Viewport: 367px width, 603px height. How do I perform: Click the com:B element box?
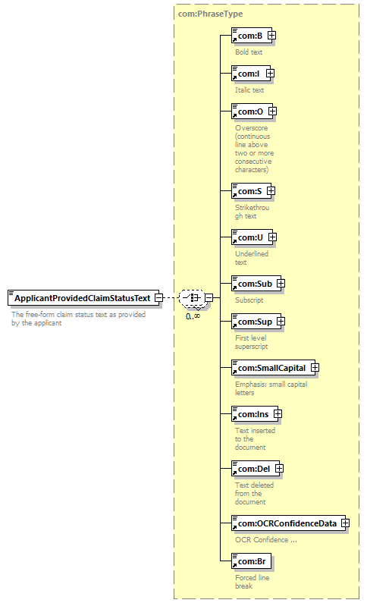pyautogui.click(x=251, y=36)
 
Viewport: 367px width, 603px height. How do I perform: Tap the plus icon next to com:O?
pyautogui.click(x=272, y=111)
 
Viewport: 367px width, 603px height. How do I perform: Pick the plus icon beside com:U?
pyautogui.click(x=272, y=237)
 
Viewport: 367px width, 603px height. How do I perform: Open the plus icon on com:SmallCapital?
pyautogui.click(x=315, y=368)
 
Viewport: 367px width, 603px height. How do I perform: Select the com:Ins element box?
pyautogui.click(x=255, y=414)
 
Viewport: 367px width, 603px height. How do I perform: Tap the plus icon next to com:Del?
pyautogui.click(x=279, y=469)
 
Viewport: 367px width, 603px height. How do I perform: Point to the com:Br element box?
pyautogui.click(x=251, y=561)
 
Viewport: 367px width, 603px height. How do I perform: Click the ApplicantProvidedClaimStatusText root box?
pyautogui.click(x=83, y=298)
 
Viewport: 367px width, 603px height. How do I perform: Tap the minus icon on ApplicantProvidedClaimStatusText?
pyautogui.click(x=158, y=297)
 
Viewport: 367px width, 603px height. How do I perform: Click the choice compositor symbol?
pyautogui.click(x=192, y=297)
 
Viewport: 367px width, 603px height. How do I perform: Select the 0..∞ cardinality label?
pyautogui.click(x=193, y=316)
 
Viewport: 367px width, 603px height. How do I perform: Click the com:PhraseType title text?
pyautogui.click(x=211, y=14)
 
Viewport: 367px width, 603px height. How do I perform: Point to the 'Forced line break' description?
pyautogui.click(x=252, y=582)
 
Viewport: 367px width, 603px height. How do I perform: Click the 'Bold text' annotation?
pyautogui.click(x=249, y=52)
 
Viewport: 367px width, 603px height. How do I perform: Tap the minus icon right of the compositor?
pyautogui.click(x=209, y=297)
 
